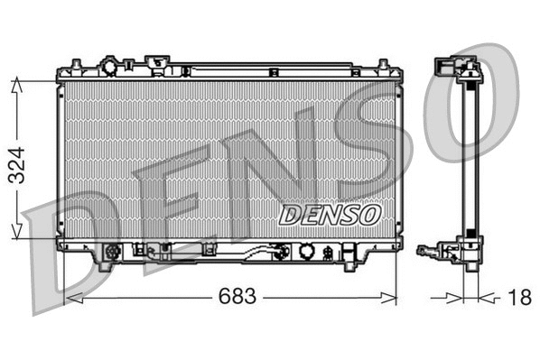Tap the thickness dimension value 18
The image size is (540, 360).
click(519, 296)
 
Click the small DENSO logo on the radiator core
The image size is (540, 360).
click(330, 214)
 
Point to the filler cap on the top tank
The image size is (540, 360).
click(110, 68)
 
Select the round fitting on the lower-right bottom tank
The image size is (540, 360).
click(307, 252)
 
